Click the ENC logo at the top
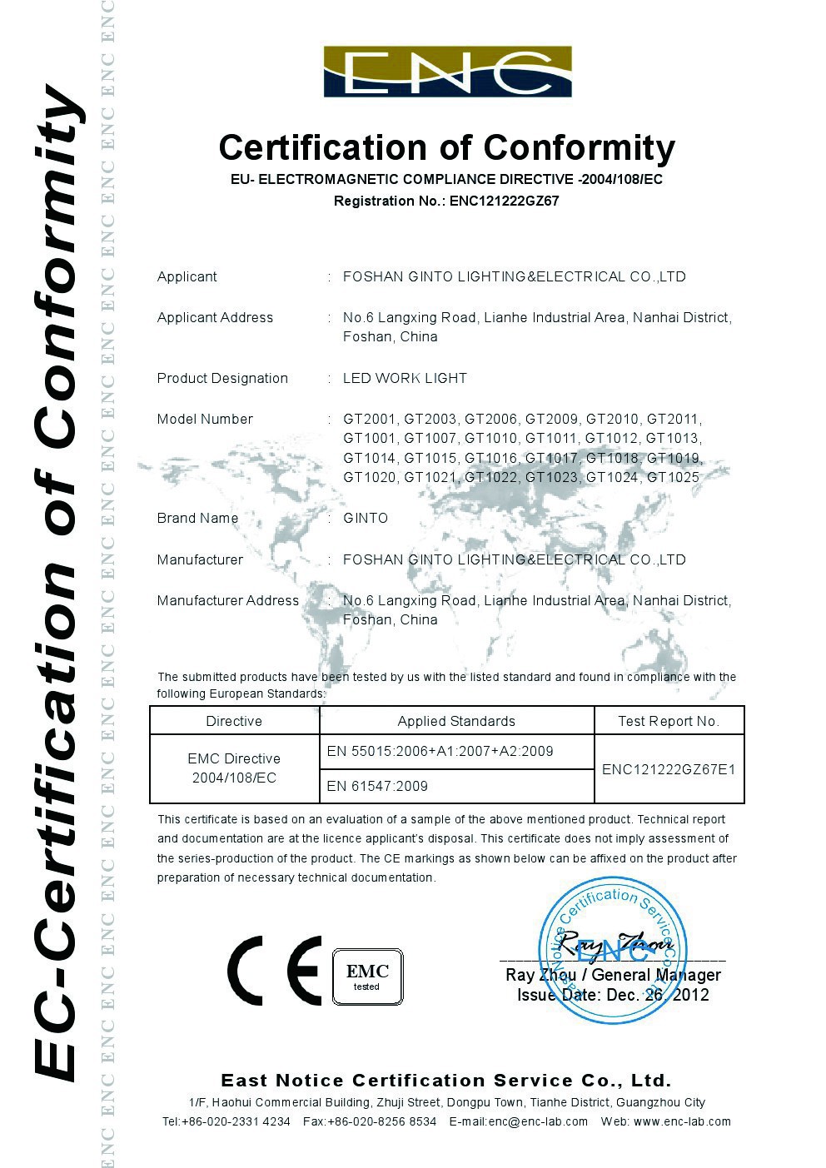(447, 72)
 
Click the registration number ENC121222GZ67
(504, 201)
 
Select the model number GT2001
(371, 419)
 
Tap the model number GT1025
(673, 477)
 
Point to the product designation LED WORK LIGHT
(405, 378)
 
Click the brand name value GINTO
(366, 518)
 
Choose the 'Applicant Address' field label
(215, 317)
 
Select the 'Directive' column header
(234, 721)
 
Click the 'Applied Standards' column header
(456, 721)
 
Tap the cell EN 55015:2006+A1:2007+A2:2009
(440, 751)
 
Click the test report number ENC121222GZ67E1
(669, 769)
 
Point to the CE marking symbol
(275, 971)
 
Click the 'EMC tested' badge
(367, 977)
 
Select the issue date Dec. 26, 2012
(658, 995)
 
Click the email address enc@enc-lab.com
(538, 1121)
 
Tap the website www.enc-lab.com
(682, 1121)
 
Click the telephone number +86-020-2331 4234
(236, 1121)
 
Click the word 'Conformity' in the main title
(580, 147)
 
